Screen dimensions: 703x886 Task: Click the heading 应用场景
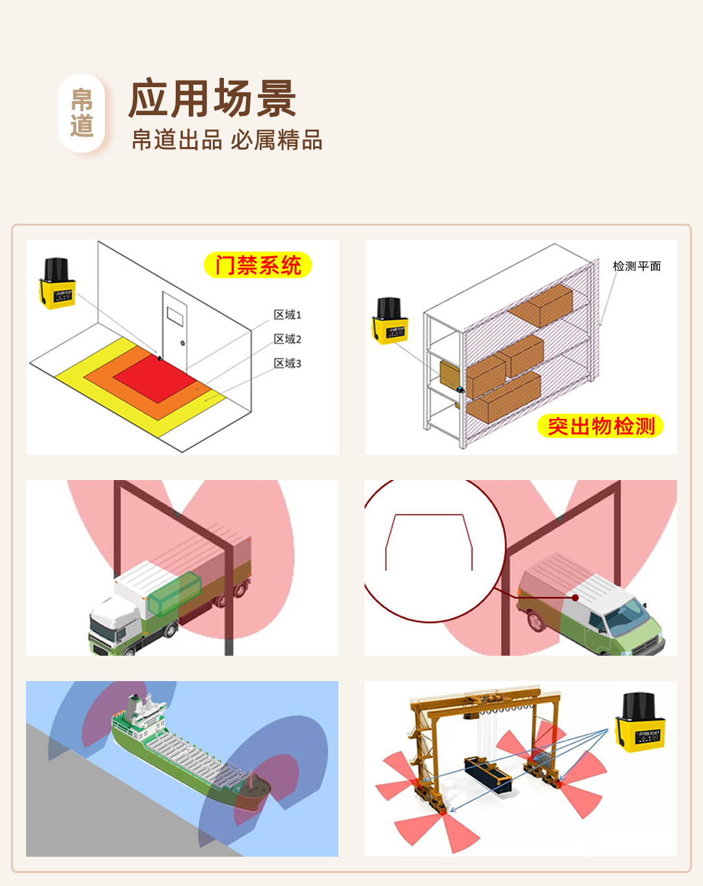click(x=212, y=98)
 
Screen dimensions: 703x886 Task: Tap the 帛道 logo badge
click(x=81, y=113)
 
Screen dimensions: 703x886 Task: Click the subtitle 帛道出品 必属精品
click(x=227, y=140)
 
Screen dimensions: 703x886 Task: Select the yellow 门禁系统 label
click(x=258, y=265)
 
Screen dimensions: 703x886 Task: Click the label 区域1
click(x=288, y=315)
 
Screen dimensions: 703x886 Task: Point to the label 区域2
click(x=288, y=339)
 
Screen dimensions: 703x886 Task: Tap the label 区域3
click(x=288, y=363)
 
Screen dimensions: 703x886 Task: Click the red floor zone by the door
click(x=155, y=378)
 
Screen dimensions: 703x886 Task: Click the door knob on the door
click(x=182, y=343)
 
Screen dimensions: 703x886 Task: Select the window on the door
click(x=175, y=317)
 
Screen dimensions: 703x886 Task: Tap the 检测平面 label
click(x=637, y=266)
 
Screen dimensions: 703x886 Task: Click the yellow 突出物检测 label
click(x=600, y=425)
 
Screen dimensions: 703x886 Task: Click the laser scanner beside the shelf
click(x=390, y=321)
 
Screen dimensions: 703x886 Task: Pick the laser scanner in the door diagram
click(x=57, y=283)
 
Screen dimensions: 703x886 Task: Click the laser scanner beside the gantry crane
click(x=640, y=723)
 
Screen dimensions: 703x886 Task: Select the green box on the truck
click(x=174, y=593)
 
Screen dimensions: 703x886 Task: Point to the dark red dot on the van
click(x=575, y=597)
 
